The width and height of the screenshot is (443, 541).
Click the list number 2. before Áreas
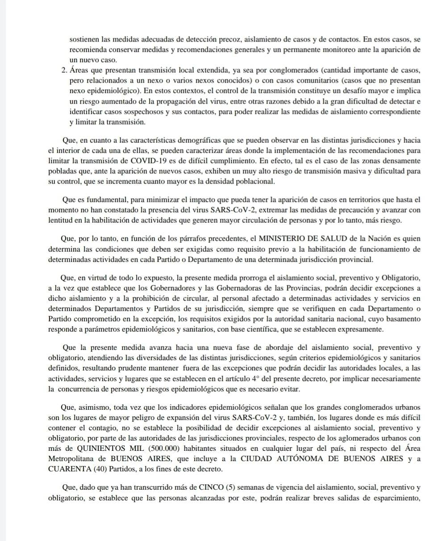pyautogui.click(x=63, y=71)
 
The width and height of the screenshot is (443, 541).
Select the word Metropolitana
pyautogui.click(x=70, y=458)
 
